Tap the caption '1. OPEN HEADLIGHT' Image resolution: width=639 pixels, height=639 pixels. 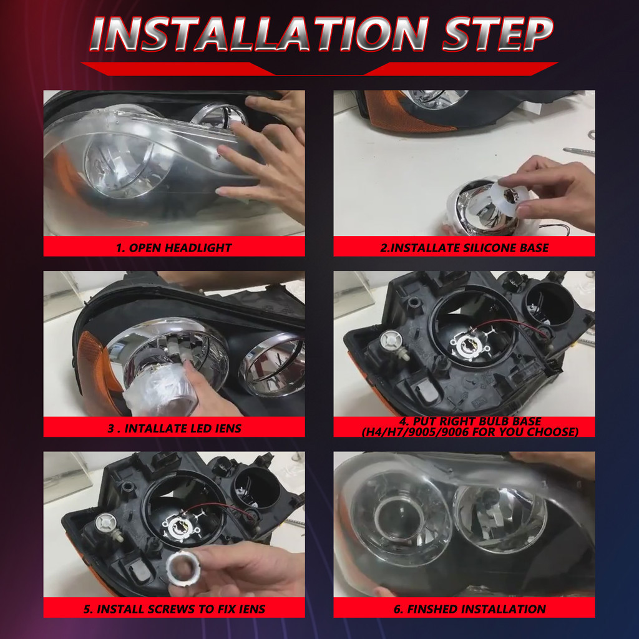tap(173, 248)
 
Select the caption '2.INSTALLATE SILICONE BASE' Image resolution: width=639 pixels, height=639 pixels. tap(464, 248)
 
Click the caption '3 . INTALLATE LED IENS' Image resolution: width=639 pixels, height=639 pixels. tap(173, 428)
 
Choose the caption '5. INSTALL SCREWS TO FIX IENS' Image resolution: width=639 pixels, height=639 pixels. tap(173, 609)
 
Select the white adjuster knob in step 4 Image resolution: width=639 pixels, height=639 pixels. tap(390, 341)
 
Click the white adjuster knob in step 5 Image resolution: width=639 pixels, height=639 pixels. tap(107, 523)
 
